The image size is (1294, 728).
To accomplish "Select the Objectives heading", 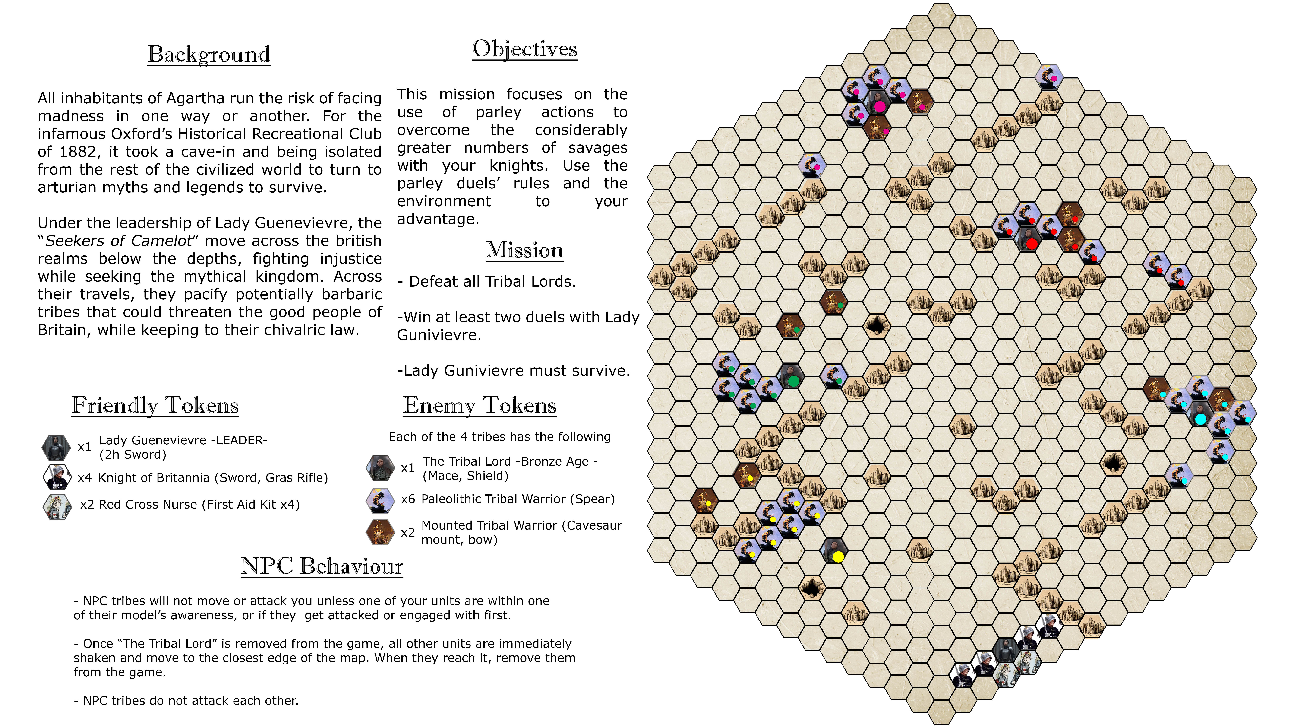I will click(x=524, y=49).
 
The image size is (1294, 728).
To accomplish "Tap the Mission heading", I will click(x=524, y=250).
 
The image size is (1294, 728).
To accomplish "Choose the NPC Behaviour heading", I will click(x=322, y=566).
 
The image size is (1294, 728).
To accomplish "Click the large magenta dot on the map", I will click(x=880, y=107).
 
